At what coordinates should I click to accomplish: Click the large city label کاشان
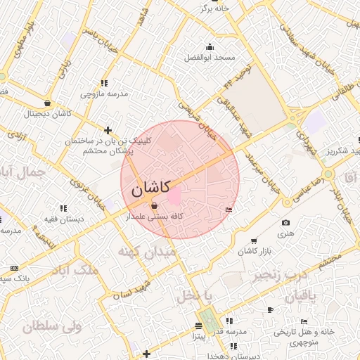(150, 189)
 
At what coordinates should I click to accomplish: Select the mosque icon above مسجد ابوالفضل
(209, 47)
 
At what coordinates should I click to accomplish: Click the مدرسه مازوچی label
(104, 92)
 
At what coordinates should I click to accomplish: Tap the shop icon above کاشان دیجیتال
(47, 103)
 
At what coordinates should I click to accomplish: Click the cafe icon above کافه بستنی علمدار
(154, 206)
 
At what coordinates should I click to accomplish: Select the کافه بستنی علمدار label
(154, 217)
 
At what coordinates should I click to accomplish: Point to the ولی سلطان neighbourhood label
(52, 326)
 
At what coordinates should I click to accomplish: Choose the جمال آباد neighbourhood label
(25, 171)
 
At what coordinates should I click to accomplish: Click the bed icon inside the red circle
(229, 210)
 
